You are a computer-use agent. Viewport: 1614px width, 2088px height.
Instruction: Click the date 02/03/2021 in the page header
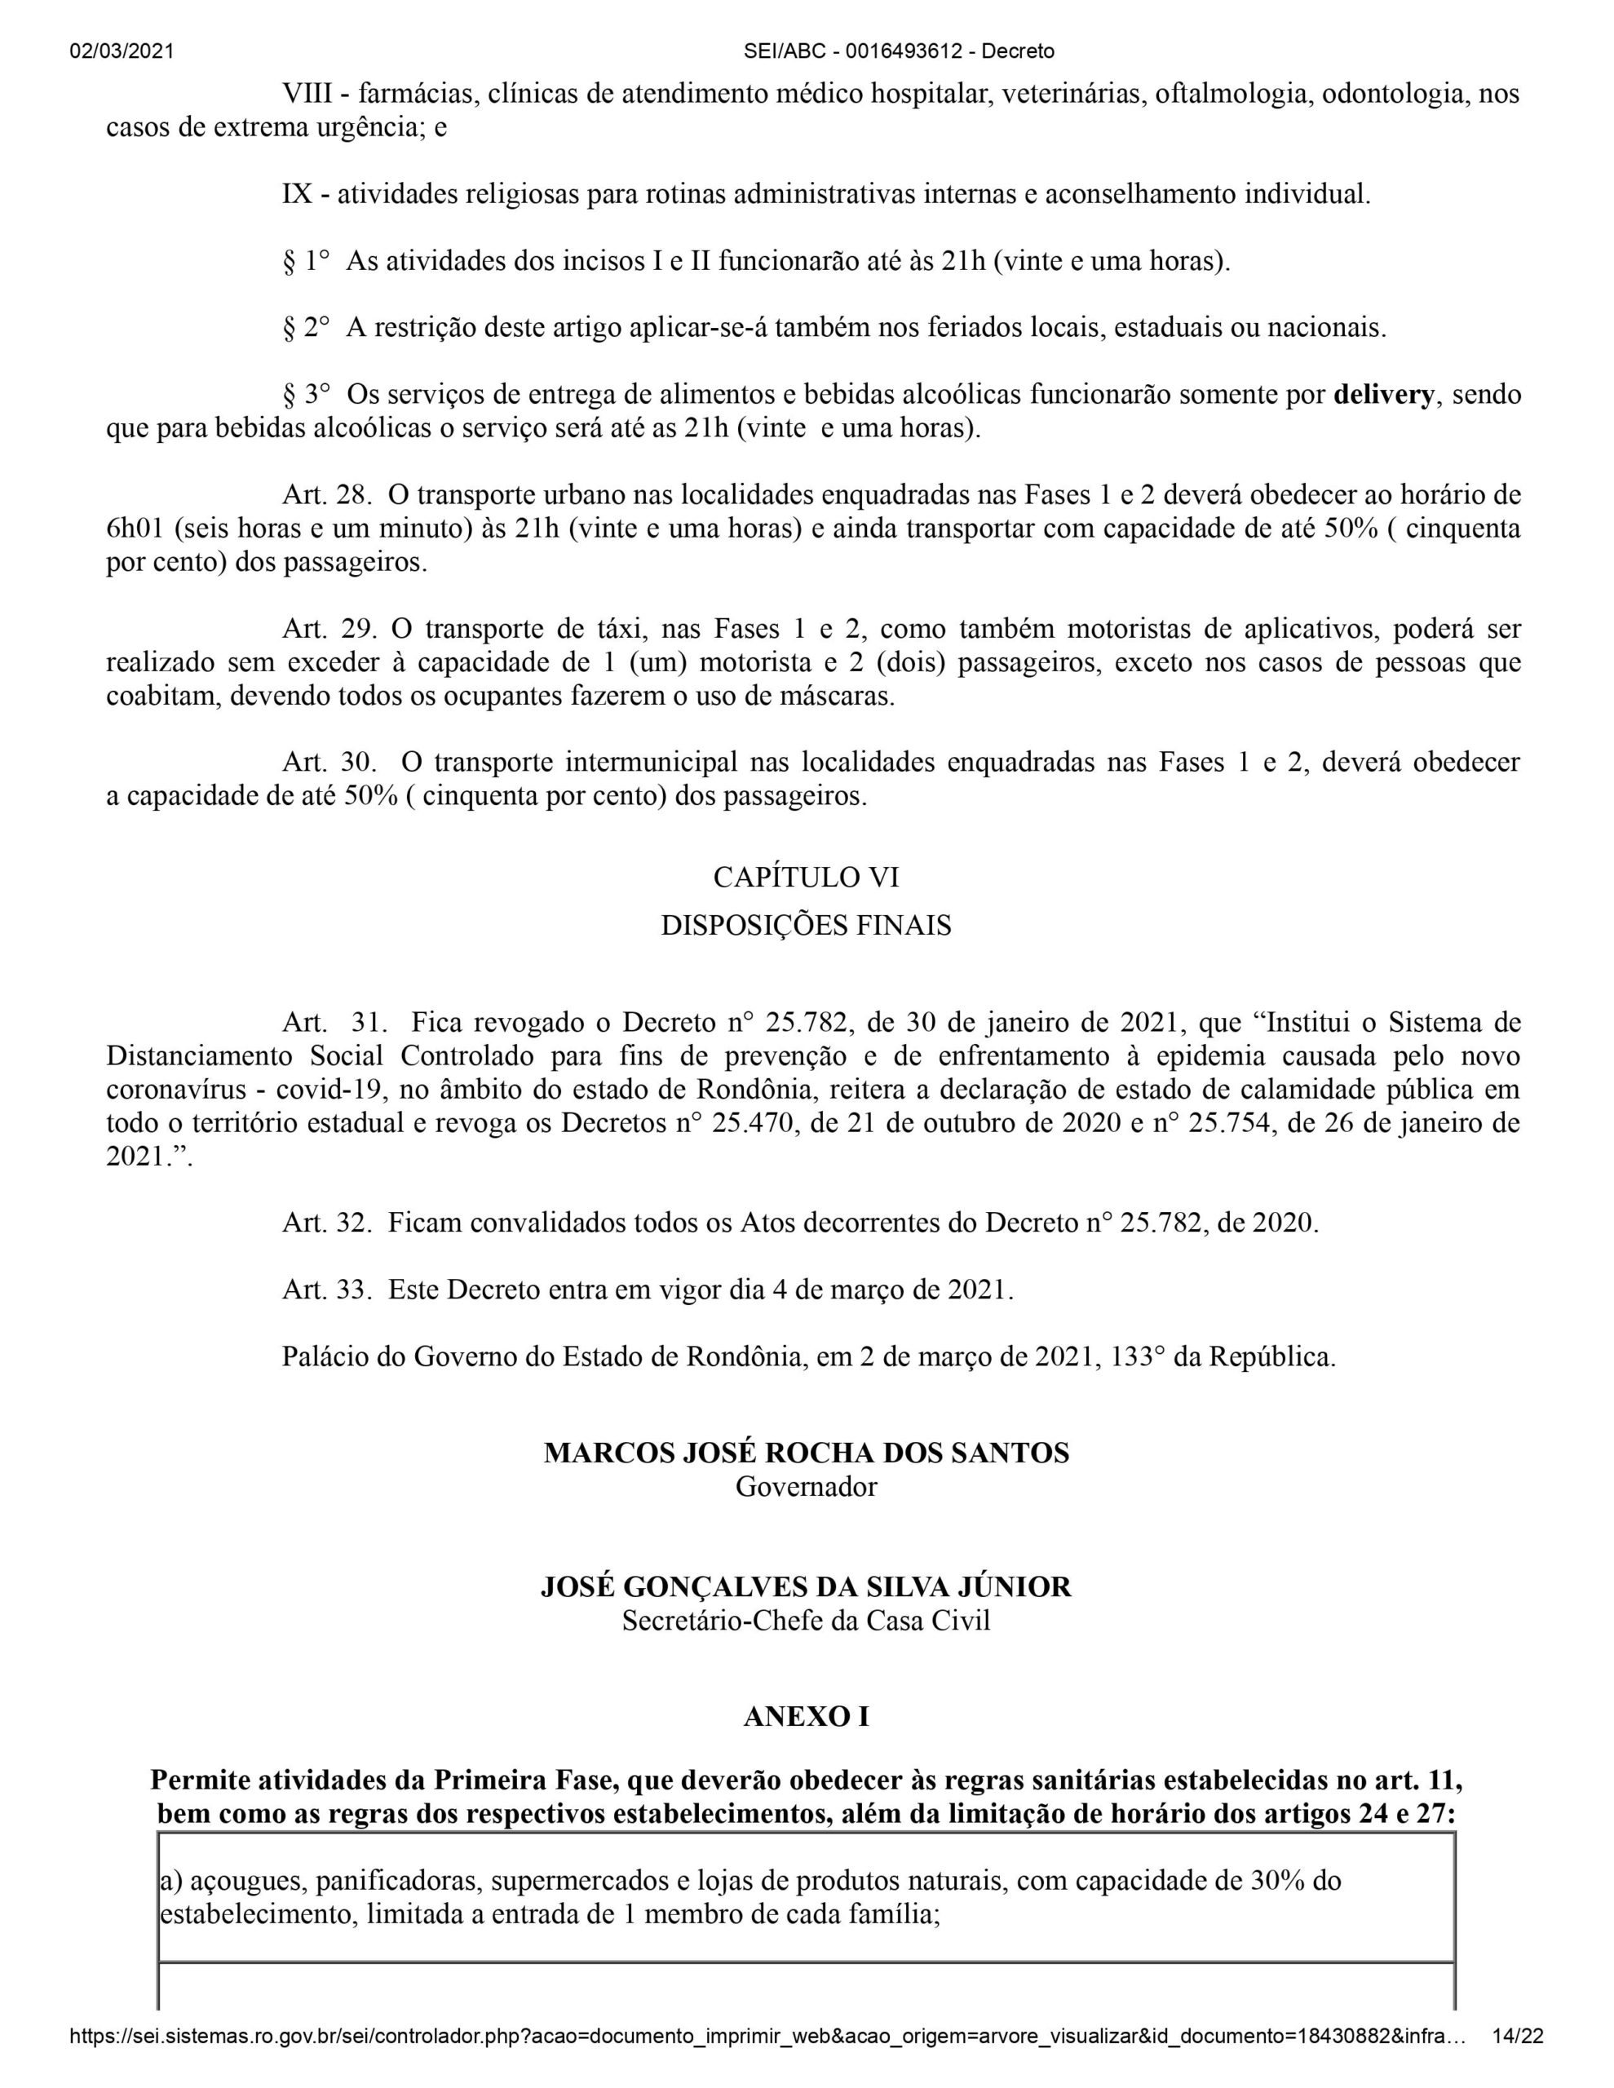point(122,51)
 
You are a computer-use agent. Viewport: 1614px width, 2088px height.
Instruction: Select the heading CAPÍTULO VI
point(806,877)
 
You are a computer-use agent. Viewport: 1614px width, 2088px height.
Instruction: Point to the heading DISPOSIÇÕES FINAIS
point(806,927)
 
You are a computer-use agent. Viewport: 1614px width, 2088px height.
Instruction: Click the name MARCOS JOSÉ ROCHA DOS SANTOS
point(806,1453)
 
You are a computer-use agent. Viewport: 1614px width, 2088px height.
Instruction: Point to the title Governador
point(806,1488)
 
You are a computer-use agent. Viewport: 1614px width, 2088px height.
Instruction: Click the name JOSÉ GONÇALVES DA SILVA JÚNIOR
point(806,1587)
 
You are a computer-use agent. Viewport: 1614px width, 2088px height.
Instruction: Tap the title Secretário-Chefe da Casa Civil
point(806,1621)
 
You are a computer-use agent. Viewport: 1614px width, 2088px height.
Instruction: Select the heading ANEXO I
point(806,1717)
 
